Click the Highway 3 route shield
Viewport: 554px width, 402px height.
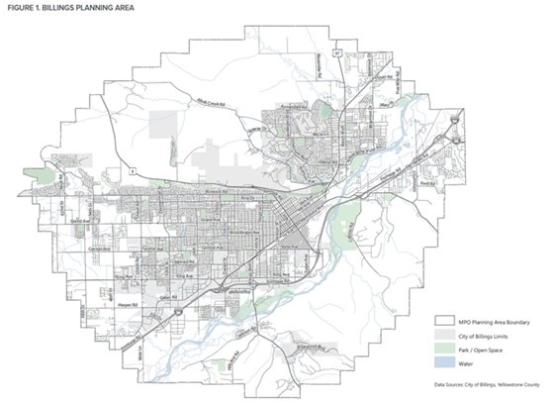pos(133,170)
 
